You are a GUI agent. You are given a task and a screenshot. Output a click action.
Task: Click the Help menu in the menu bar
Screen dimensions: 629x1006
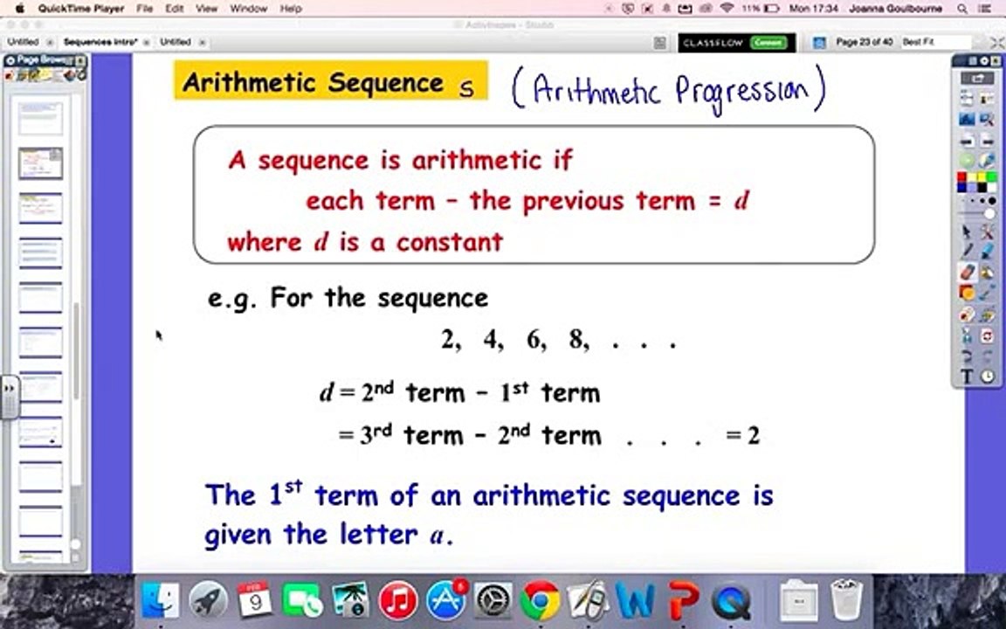[290, 9]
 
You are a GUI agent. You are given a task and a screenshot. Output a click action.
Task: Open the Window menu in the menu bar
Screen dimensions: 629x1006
[248, 9]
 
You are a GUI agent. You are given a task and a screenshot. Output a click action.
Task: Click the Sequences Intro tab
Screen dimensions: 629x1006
[99, 42]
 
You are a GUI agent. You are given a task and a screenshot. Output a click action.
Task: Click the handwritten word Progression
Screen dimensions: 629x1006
[749, 92]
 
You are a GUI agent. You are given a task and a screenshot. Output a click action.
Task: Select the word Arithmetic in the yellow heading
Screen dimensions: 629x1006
[249, 83]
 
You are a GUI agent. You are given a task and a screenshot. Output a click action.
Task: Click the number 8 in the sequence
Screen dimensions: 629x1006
[577, 340]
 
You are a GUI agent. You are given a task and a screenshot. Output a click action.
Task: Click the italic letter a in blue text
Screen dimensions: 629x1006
[437, 536]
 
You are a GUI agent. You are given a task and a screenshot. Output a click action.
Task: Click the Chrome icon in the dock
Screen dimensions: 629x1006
[540, 601]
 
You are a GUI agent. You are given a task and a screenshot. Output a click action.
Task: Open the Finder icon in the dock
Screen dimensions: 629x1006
[161, 601]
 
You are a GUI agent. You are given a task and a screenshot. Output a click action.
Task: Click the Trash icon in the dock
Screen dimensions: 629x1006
[845, 601]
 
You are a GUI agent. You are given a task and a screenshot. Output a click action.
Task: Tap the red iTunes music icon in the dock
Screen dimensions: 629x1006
[397, 601]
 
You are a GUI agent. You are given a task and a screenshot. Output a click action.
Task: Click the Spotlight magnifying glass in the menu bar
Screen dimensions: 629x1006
[962, 9]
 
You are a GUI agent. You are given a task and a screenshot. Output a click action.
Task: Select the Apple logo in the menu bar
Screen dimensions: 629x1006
[19, 9]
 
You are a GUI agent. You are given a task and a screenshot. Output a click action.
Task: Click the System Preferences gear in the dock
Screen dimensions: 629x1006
[493, 601]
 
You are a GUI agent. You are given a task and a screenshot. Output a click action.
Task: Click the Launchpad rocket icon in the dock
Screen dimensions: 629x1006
[208, 601]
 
